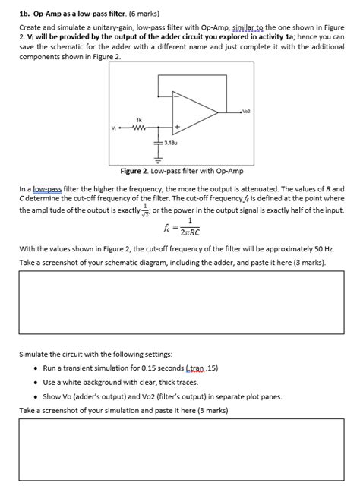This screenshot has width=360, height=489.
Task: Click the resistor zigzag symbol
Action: [139, 127]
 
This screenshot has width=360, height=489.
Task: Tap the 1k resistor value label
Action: [139, 119]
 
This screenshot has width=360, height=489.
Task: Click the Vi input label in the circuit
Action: [113, 127]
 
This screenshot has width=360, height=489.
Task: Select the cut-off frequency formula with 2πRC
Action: [182, 227]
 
